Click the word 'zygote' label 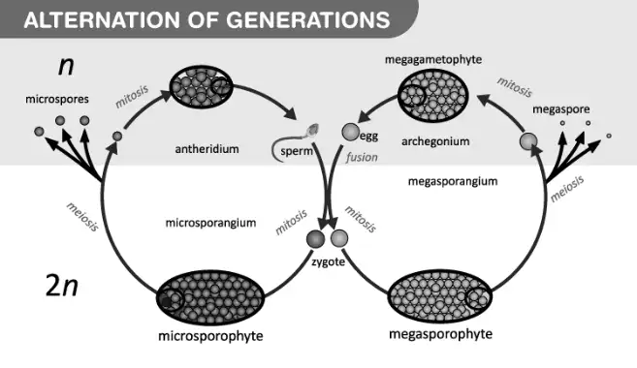coord(329,261)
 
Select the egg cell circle coord(351,132)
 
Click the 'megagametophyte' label coord(433,60)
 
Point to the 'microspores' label coord(57,99)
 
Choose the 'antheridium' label coord(207,149)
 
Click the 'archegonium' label coord(435,141)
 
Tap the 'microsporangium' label coord(210,223)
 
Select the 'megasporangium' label coord(453,181)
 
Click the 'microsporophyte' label coord(210,336)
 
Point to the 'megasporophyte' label coord(441,334)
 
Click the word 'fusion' coord(362,157)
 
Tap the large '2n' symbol coord(62,286)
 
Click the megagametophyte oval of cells coord(433,96)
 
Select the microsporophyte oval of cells coord(210,298)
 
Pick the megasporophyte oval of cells coord(440,296)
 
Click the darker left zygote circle coord(316,238)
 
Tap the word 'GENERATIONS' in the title coord(307,20)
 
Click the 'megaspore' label coord(561,109)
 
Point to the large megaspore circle coord(528,141)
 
